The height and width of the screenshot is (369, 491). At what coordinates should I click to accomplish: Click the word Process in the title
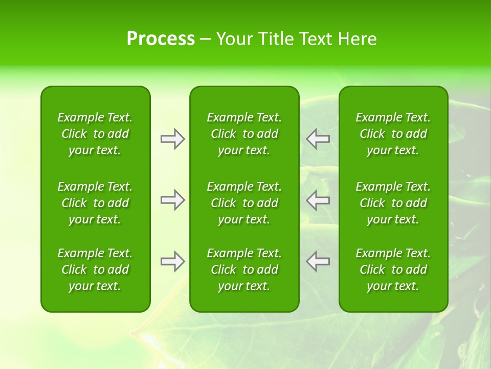click(161, 39)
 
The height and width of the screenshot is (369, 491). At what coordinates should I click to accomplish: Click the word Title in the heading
click(275, 39)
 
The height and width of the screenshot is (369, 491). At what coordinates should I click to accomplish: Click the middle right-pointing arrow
click(172, 200)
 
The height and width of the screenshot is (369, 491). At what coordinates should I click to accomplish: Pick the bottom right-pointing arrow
click(172, 261)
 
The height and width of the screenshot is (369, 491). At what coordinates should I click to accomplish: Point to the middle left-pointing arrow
click(318, 200)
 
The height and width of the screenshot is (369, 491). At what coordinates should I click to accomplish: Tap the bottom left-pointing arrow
click(318, 261)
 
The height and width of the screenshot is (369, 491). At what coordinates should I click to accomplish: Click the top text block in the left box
click(95, 134)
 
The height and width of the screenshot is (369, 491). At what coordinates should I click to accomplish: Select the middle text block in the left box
click(95, 203)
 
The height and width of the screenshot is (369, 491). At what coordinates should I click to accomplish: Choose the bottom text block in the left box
click(95, 270)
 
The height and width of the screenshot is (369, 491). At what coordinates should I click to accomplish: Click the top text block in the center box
click(244, 134)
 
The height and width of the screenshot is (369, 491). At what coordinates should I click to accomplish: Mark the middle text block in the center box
click(244, 203)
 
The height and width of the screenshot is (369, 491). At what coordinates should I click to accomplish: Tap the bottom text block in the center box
click(244, 270)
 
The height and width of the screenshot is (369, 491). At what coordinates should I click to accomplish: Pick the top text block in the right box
click(393, 134)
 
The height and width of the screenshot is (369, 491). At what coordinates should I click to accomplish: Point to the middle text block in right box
click(393, 203)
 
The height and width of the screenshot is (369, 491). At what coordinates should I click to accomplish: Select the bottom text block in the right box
click(393, 270)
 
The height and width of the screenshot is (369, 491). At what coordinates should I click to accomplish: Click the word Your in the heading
click(234, 39)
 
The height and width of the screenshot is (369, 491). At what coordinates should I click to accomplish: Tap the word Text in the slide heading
click(317, 39)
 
